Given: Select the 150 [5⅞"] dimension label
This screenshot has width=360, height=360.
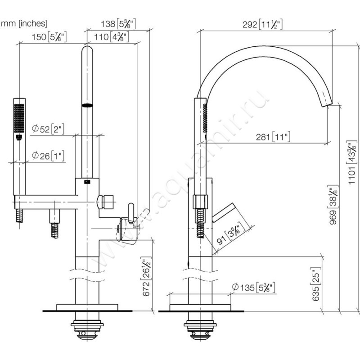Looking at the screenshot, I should click(50, 37).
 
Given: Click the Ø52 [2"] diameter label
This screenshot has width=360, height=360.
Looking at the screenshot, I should click(47, 129).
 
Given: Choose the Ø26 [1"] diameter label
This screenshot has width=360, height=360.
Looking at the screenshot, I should click(47, 156).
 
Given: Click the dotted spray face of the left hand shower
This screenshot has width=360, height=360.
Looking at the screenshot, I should click(18, 117).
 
